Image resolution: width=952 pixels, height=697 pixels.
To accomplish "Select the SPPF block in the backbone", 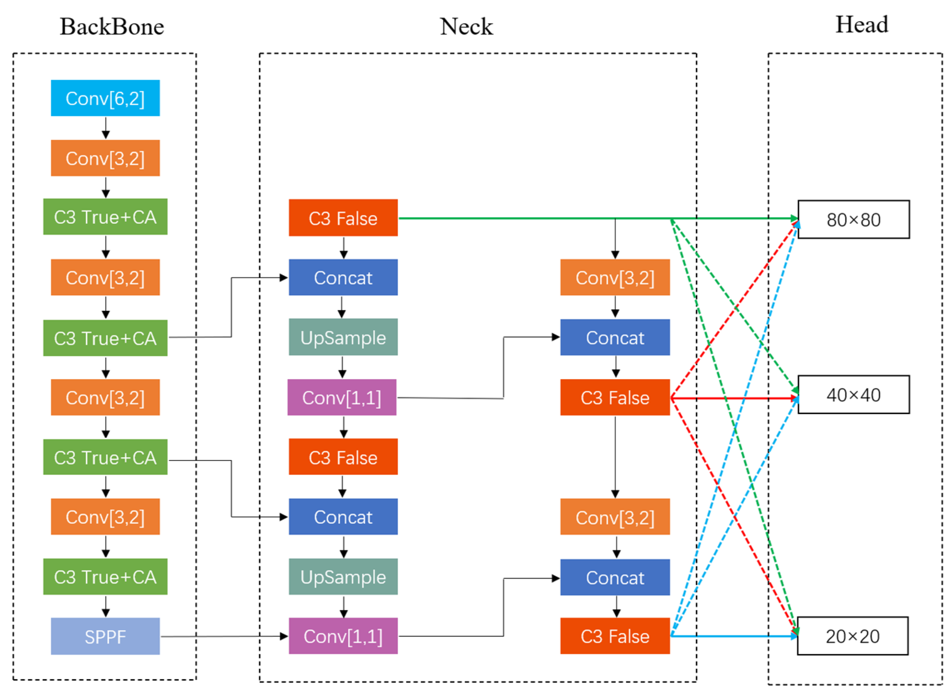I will [x=105, y=636].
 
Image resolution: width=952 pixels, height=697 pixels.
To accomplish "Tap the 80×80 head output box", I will [x=853, y=219].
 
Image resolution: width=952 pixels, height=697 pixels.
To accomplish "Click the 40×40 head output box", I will [x=853, y=394].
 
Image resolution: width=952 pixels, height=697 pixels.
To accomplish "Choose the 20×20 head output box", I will [x=852, y=636].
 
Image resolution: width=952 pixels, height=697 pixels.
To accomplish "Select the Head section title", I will [x=862, y=25].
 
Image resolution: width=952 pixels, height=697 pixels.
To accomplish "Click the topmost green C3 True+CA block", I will [x=105, y=217].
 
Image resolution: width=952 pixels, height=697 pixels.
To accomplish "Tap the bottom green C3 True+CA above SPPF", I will [x=105, y=576].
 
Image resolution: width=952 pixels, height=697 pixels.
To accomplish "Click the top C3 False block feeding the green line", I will [x=343, y=218].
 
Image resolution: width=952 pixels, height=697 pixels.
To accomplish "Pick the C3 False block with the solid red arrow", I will [x=615, y=397].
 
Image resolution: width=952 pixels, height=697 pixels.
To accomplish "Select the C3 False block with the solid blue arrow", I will [x=615, y=636].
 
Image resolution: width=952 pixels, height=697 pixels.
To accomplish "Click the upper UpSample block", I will [x=343, y=337].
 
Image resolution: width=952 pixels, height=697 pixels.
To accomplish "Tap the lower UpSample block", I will [x=343, y=576].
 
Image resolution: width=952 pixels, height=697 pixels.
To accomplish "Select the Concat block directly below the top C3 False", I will [x=343, y=277].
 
